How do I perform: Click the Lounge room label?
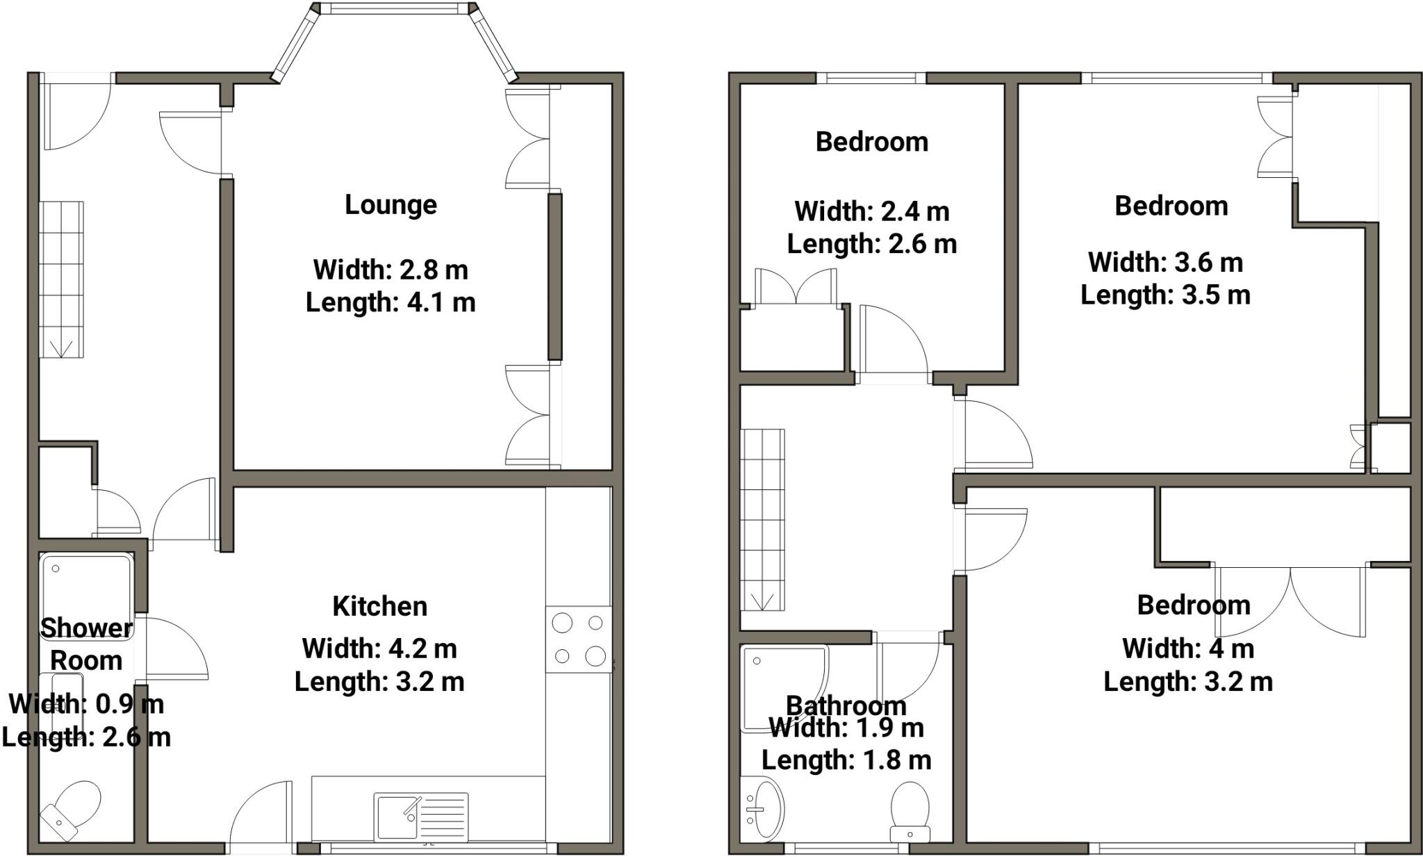coord(390,205)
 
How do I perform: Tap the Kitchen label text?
coord(379,606)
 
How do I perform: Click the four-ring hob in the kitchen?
coord(578,639)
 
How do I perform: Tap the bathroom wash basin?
coord(765,808)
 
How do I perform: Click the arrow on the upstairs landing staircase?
coord(762,600)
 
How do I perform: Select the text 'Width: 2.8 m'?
coord(390,269)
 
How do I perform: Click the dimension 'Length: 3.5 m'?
coord(1165,295)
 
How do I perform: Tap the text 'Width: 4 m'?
coord(1187,648)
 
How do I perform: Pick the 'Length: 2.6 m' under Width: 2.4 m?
coord(871,244)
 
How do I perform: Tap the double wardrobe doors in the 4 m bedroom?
coord(1290,601)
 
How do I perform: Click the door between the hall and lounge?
coord(192,142)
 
